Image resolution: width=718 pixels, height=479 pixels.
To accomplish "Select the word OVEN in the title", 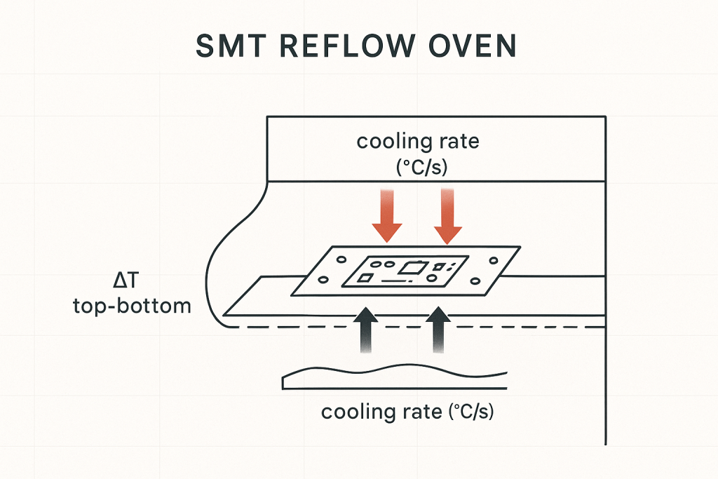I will click(x=475, y=46).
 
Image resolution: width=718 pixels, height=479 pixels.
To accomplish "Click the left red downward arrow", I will click(x=386, y=217).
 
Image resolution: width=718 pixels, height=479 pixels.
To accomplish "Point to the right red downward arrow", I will click(x=449, y=217).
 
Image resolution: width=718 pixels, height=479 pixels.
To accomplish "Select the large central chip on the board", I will click(x=412, y=267).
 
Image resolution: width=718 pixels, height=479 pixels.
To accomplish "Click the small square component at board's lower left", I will click(x=365, y=278).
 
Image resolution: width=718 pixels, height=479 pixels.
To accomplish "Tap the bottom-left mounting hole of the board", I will click(x=323, y=281).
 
